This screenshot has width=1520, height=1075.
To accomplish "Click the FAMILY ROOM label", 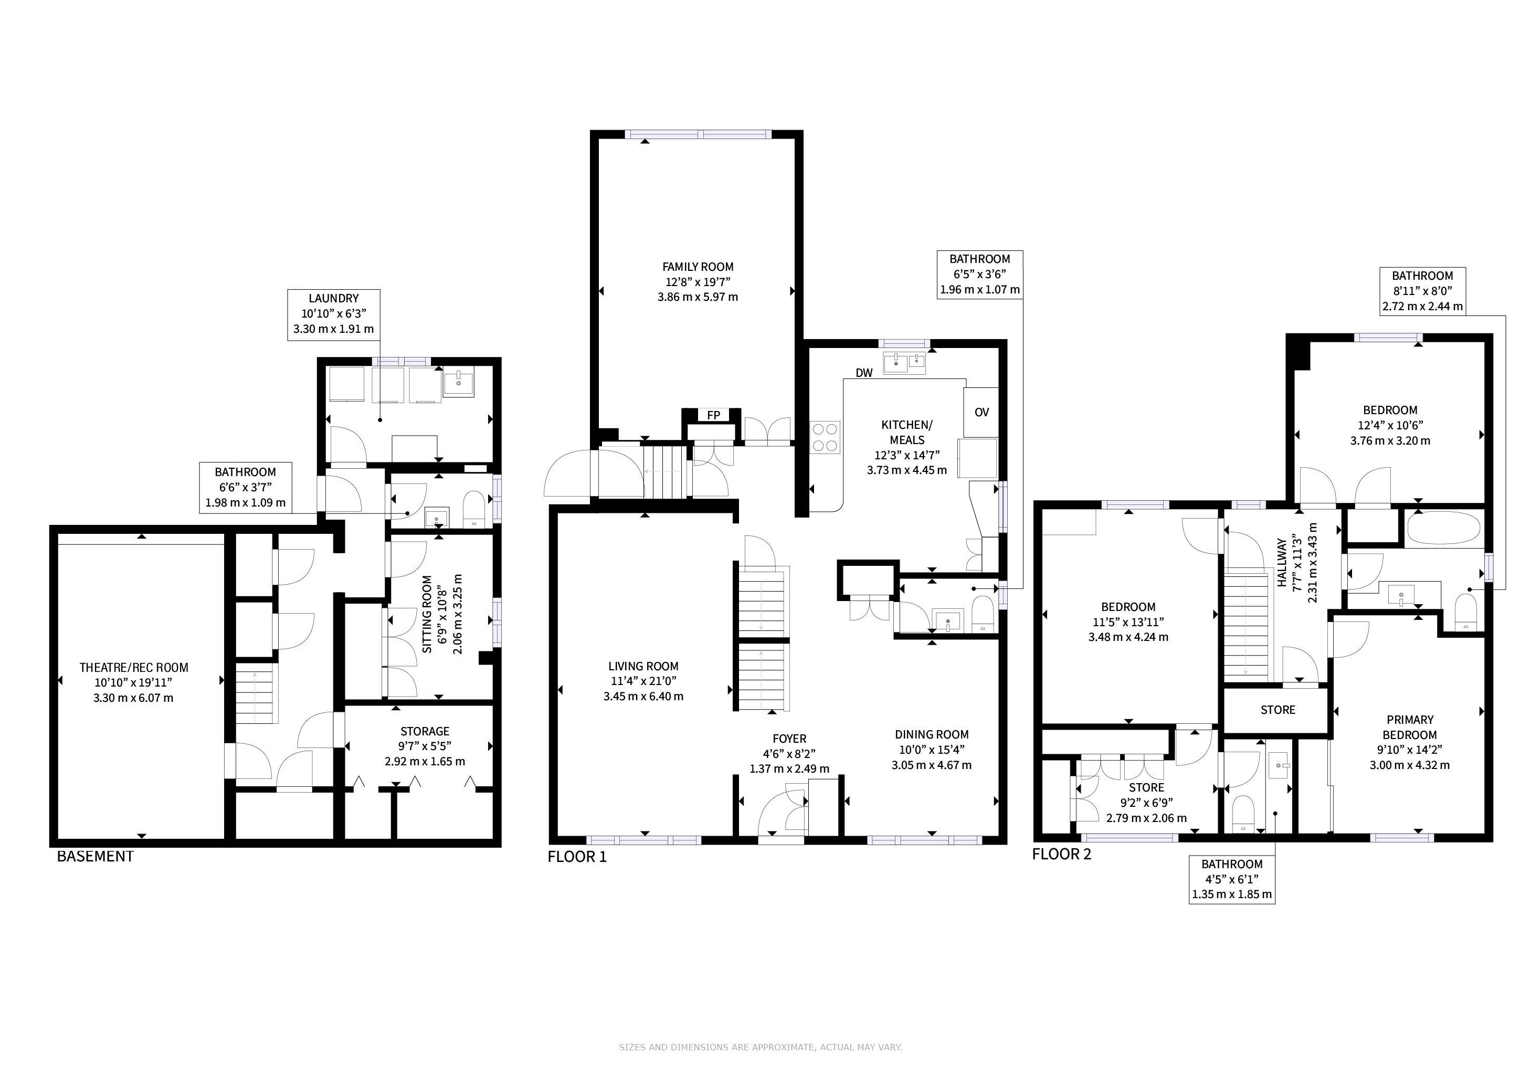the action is click(x=698, y=267).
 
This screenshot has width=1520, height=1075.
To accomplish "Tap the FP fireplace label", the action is click(x=713, y=415).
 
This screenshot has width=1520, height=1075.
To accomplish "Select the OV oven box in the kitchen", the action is click(x=981, y=412).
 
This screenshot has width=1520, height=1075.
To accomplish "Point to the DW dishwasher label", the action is click(x=864, y=373).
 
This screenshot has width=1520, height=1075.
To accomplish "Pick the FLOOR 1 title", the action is click(x=577, y=857).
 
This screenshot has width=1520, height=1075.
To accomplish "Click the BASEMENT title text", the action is click(x=96, y=856).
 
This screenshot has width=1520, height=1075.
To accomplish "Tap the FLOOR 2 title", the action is click(x=1061, y=854).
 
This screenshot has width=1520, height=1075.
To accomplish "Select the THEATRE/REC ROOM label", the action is click(x=134, y=668).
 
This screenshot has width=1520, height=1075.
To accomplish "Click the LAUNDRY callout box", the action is click(x=334, y=314).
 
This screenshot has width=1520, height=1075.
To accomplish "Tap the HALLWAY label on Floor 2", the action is click(x=1282, y=563).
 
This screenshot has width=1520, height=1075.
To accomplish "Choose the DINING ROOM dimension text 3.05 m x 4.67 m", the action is click(x=932, y=765).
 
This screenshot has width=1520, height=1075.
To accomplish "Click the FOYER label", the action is click(x=789, y=739).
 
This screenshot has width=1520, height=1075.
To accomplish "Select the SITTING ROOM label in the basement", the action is click(x=427, y=614).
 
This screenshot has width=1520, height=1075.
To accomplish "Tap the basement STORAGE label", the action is click(x=425, y=731).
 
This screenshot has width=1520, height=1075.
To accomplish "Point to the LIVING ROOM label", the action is click(x=643, y=667).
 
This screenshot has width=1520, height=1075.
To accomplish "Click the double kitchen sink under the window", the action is click(x=905, y=363).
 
